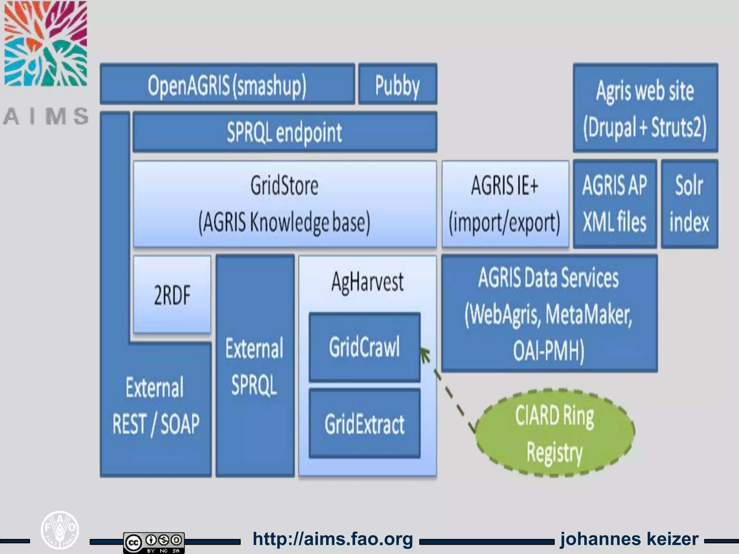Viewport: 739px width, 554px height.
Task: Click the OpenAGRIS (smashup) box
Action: (x=227, y=84)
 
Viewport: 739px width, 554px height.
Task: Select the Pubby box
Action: (x=397, y=84)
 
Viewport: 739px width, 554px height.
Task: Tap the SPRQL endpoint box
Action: (x=284, y=132)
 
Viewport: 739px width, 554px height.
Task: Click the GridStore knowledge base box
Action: (x=284, y=204)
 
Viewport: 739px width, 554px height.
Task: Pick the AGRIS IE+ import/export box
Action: (x=505, y=204)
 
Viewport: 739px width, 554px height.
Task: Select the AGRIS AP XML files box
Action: (x=615, y=204)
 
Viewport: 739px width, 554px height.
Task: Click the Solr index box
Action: (x=689, y=204)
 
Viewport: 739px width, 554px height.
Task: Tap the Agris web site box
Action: (x=645, y=108)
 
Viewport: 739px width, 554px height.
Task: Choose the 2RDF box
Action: (x=172, y=294)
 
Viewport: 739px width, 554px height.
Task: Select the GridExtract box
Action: (x=364, y=423)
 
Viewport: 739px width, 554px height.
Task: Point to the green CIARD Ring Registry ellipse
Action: (x=555, y=433)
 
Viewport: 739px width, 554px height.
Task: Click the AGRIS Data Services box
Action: (x=549, y=313)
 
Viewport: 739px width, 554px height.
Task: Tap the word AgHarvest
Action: (x=367, y=282)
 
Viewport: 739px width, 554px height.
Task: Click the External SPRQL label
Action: (x=254, y=366)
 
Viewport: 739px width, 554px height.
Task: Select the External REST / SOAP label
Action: (x=156, y=406)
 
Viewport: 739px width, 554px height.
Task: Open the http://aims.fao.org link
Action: (x=333, y=539)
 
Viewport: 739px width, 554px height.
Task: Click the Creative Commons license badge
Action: (x=154, y=542)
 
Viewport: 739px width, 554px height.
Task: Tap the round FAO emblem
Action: (x=60, y=529)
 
